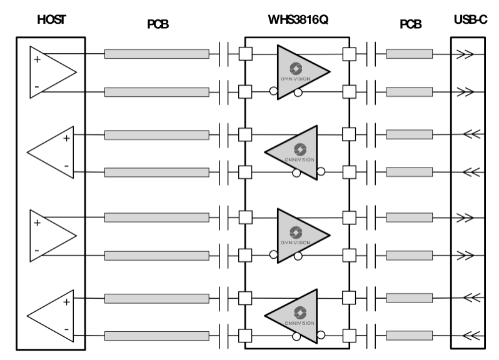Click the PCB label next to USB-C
pos(410,25)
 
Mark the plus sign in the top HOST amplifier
pos(36,60)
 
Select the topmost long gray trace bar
pos(157,54)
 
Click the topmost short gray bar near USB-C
pos(410,54)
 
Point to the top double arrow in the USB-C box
pos(465,54)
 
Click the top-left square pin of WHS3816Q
pos(246,54)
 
